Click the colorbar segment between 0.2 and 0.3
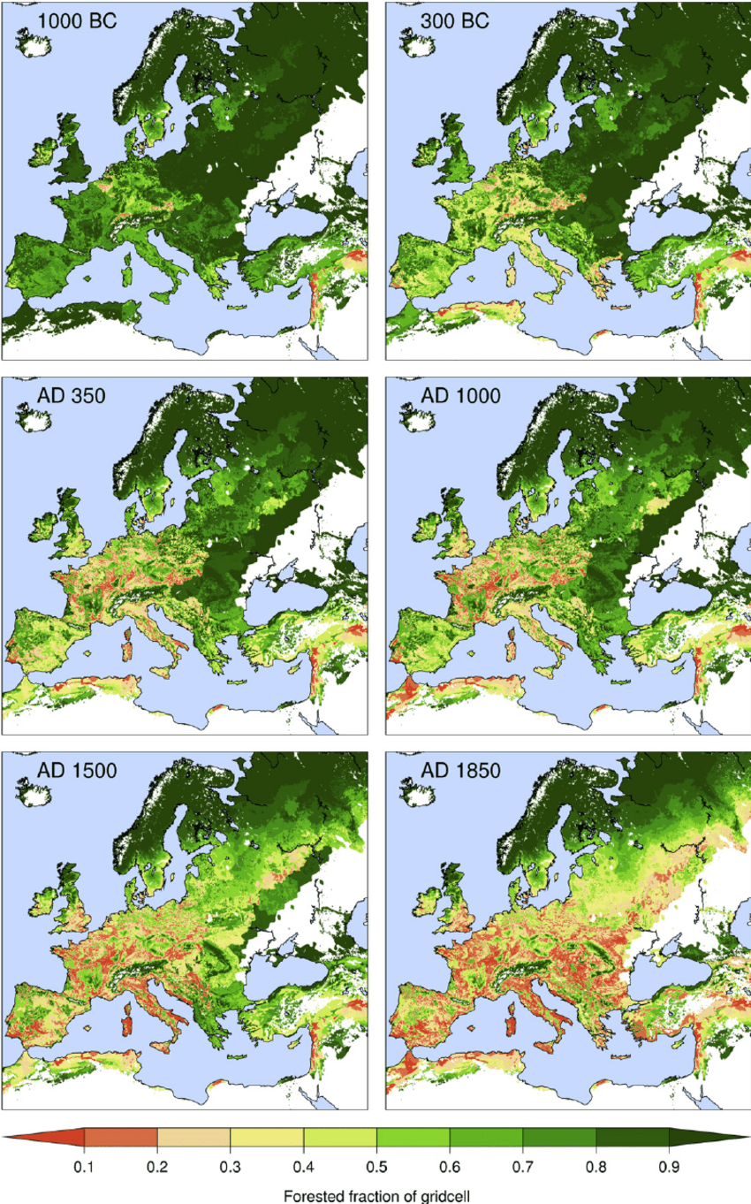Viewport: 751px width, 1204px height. coord(193,1138)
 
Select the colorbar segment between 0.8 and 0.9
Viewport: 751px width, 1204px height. coord(632,1138)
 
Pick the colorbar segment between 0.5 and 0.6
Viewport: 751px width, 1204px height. coord(413,1138)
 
